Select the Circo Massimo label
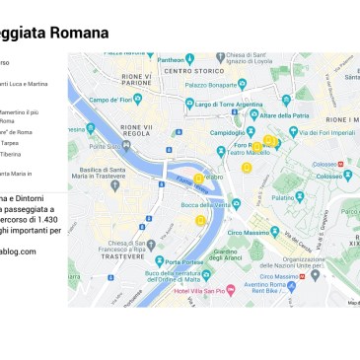261,233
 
